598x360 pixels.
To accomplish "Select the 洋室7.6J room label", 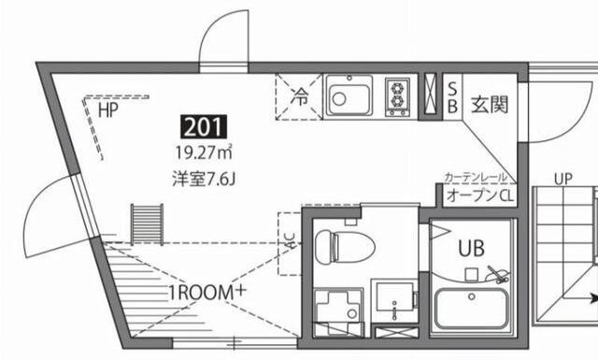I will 201,176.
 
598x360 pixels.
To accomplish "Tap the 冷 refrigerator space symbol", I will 300,94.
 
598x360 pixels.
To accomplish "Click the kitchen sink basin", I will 349,95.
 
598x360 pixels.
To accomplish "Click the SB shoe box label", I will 452,95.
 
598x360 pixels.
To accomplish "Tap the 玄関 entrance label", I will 488,105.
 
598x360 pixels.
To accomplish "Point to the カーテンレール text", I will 476,178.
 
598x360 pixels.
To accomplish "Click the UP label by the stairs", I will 562,179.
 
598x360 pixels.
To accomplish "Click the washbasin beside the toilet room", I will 395,301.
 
